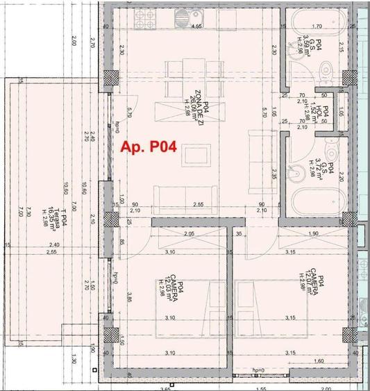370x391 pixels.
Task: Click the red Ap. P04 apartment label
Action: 149,147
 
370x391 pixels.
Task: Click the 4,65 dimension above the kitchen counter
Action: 196,26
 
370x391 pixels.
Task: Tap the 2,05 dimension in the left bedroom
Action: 190,235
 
